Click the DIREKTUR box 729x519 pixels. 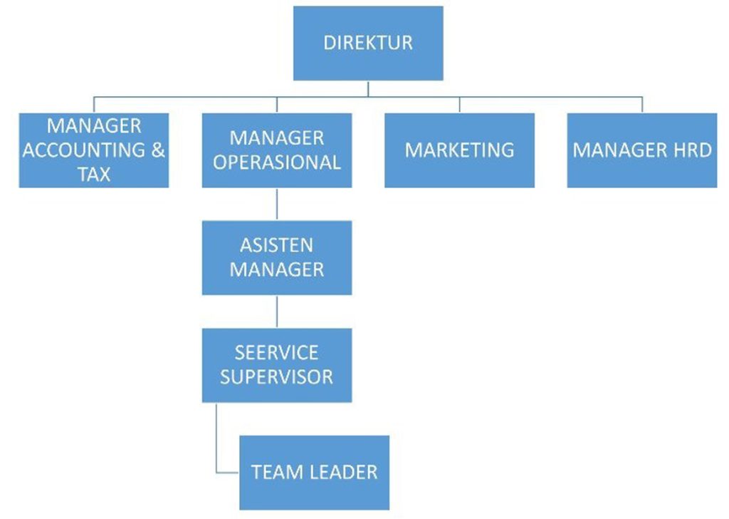pyautogui.click(x=368, y=43)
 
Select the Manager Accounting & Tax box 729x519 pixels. pyautogui.click(x=94, y=150)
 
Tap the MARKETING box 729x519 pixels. pyautogui.click(x=459, y=150)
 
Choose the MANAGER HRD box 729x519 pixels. pyautogui.click(x=642, y=150)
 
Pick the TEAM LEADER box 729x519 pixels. pyautogui.click(x=314, y=472)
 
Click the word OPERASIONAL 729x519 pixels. pyautogui.click(x=277, y=163)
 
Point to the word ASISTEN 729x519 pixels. pyautogui.click(x=277, y=245)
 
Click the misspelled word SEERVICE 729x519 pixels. pyautogui.click(x=277, y=352)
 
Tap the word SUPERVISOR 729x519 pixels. pyautogui.click(x=277, y=376)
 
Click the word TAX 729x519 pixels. pyautogui.click(x=94, y=174)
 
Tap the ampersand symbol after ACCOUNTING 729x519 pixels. pyautogui.click(x=157, y=150)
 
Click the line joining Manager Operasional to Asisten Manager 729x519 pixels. pyautogui.click(x=277, y=204)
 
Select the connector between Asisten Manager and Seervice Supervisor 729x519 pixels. pyautogui.click(x=277, y=312)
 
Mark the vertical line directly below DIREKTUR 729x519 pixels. pyautogui.click(x=368, y=88)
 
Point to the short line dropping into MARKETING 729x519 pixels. pyautogui.click(x=459, y=104)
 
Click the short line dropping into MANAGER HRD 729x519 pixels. pyautogui.click(x=642, y=104)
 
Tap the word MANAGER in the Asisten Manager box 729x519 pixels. pyautogui.click(x=277, y=269)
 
